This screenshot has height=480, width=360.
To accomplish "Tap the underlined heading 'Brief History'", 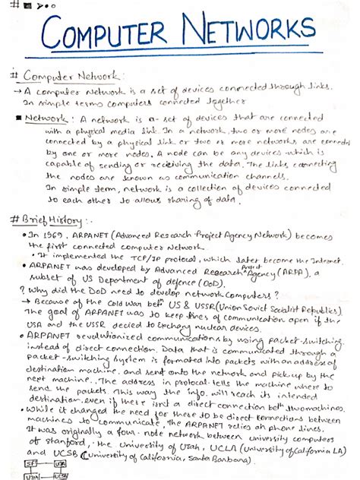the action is (52, 219).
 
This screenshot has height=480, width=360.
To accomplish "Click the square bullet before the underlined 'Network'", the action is (17, 119).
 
